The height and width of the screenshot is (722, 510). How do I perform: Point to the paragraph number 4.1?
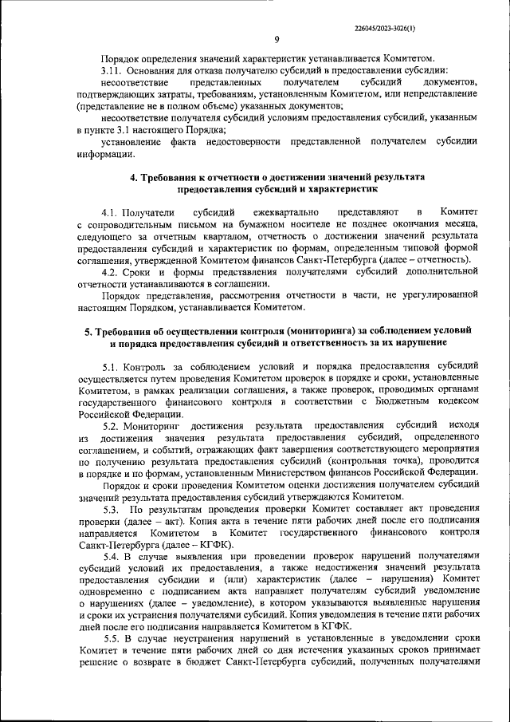[x=115, y=211]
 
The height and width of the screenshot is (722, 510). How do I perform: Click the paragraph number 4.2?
[x=115, y=272]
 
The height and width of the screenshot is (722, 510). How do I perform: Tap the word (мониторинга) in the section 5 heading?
[x=287, y=329]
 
